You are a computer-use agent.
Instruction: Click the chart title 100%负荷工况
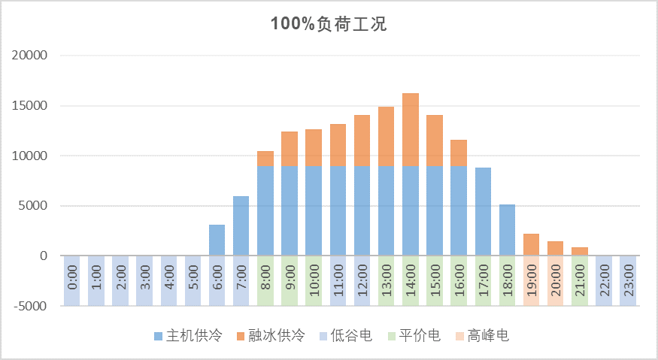coord(329,24)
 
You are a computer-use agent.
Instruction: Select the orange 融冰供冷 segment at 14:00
coord(411,129)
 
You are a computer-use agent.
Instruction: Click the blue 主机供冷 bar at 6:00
coord(217,240)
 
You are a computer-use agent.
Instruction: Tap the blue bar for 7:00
coord(241,225)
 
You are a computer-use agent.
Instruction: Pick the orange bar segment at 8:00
coord(265,159)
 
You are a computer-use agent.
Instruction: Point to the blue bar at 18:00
coord(507,230)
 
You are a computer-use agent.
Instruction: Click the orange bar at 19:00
coord(531,244)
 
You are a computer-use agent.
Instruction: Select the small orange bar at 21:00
coord(580,251)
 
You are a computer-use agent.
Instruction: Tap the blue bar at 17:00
coord(483,211)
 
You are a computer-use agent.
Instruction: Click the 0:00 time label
coord(72,280)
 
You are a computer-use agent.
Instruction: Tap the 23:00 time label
coord(628,280)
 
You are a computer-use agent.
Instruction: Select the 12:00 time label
coord(362,280)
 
